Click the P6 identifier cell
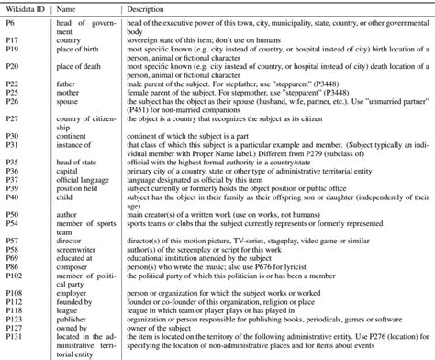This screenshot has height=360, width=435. click(x=14, y=19)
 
